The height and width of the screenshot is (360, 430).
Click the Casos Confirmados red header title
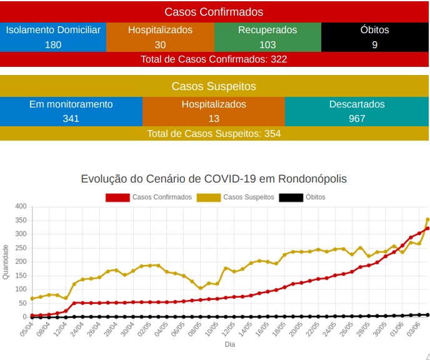[214, 12]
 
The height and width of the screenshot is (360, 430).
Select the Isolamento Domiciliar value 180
[53, 45]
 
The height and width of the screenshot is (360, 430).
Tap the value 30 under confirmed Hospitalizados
[160, 45]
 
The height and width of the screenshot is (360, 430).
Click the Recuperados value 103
[267, 45]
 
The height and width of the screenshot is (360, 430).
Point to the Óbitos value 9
[374, 45]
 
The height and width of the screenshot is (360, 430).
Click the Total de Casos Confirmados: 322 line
[214, 59]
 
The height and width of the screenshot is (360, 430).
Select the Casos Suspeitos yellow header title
[214, 86]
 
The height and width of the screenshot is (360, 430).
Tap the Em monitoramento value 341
[71, 119]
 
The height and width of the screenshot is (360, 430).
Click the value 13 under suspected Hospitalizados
[214, 119]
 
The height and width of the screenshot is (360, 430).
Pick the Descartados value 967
[357, 119]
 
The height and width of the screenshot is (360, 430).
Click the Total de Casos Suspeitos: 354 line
[214, 134]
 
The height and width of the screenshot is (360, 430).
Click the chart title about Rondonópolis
[214, 179]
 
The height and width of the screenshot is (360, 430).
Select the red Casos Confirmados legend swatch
[117, 197]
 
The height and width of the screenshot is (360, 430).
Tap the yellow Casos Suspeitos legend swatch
[209, 197]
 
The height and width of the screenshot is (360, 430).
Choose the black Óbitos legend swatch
[291, 197]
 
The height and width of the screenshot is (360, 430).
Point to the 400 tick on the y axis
[21, 206]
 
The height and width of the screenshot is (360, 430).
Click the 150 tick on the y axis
[21, 276]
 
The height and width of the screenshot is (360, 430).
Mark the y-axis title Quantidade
[6, 262]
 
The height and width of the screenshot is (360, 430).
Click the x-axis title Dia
[229, 344]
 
